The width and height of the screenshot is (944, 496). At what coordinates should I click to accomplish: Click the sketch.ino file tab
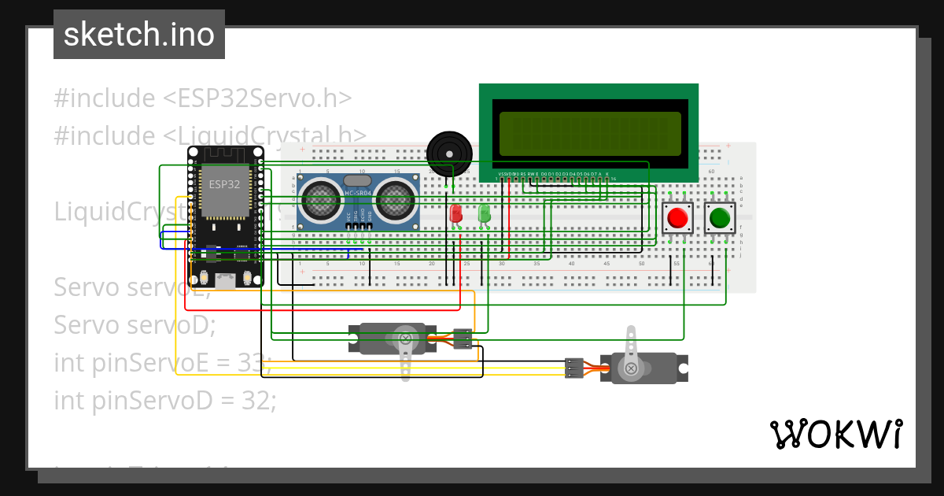[138, 35]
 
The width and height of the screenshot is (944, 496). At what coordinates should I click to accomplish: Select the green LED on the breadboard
[484, 213]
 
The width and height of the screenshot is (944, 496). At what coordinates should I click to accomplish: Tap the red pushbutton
[677, 217]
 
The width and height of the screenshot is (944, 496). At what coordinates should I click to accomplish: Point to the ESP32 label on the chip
[224, 184]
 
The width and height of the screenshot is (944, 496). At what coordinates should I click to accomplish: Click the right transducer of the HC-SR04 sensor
[396, 199]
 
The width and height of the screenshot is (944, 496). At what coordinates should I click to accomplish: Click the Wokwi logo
[835, 434]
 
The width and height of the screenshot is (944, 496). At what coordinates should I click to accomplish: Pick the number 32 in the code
[259, 401]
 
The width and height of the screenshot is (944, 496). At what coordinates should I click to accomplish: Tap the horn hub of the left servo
[406, 339]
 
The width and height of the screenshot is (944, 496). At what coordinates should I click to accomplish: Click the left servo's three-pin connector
[463, 339]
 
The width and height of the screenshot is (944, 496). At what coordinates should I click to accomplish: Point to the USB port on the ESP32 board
[225, 280]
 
